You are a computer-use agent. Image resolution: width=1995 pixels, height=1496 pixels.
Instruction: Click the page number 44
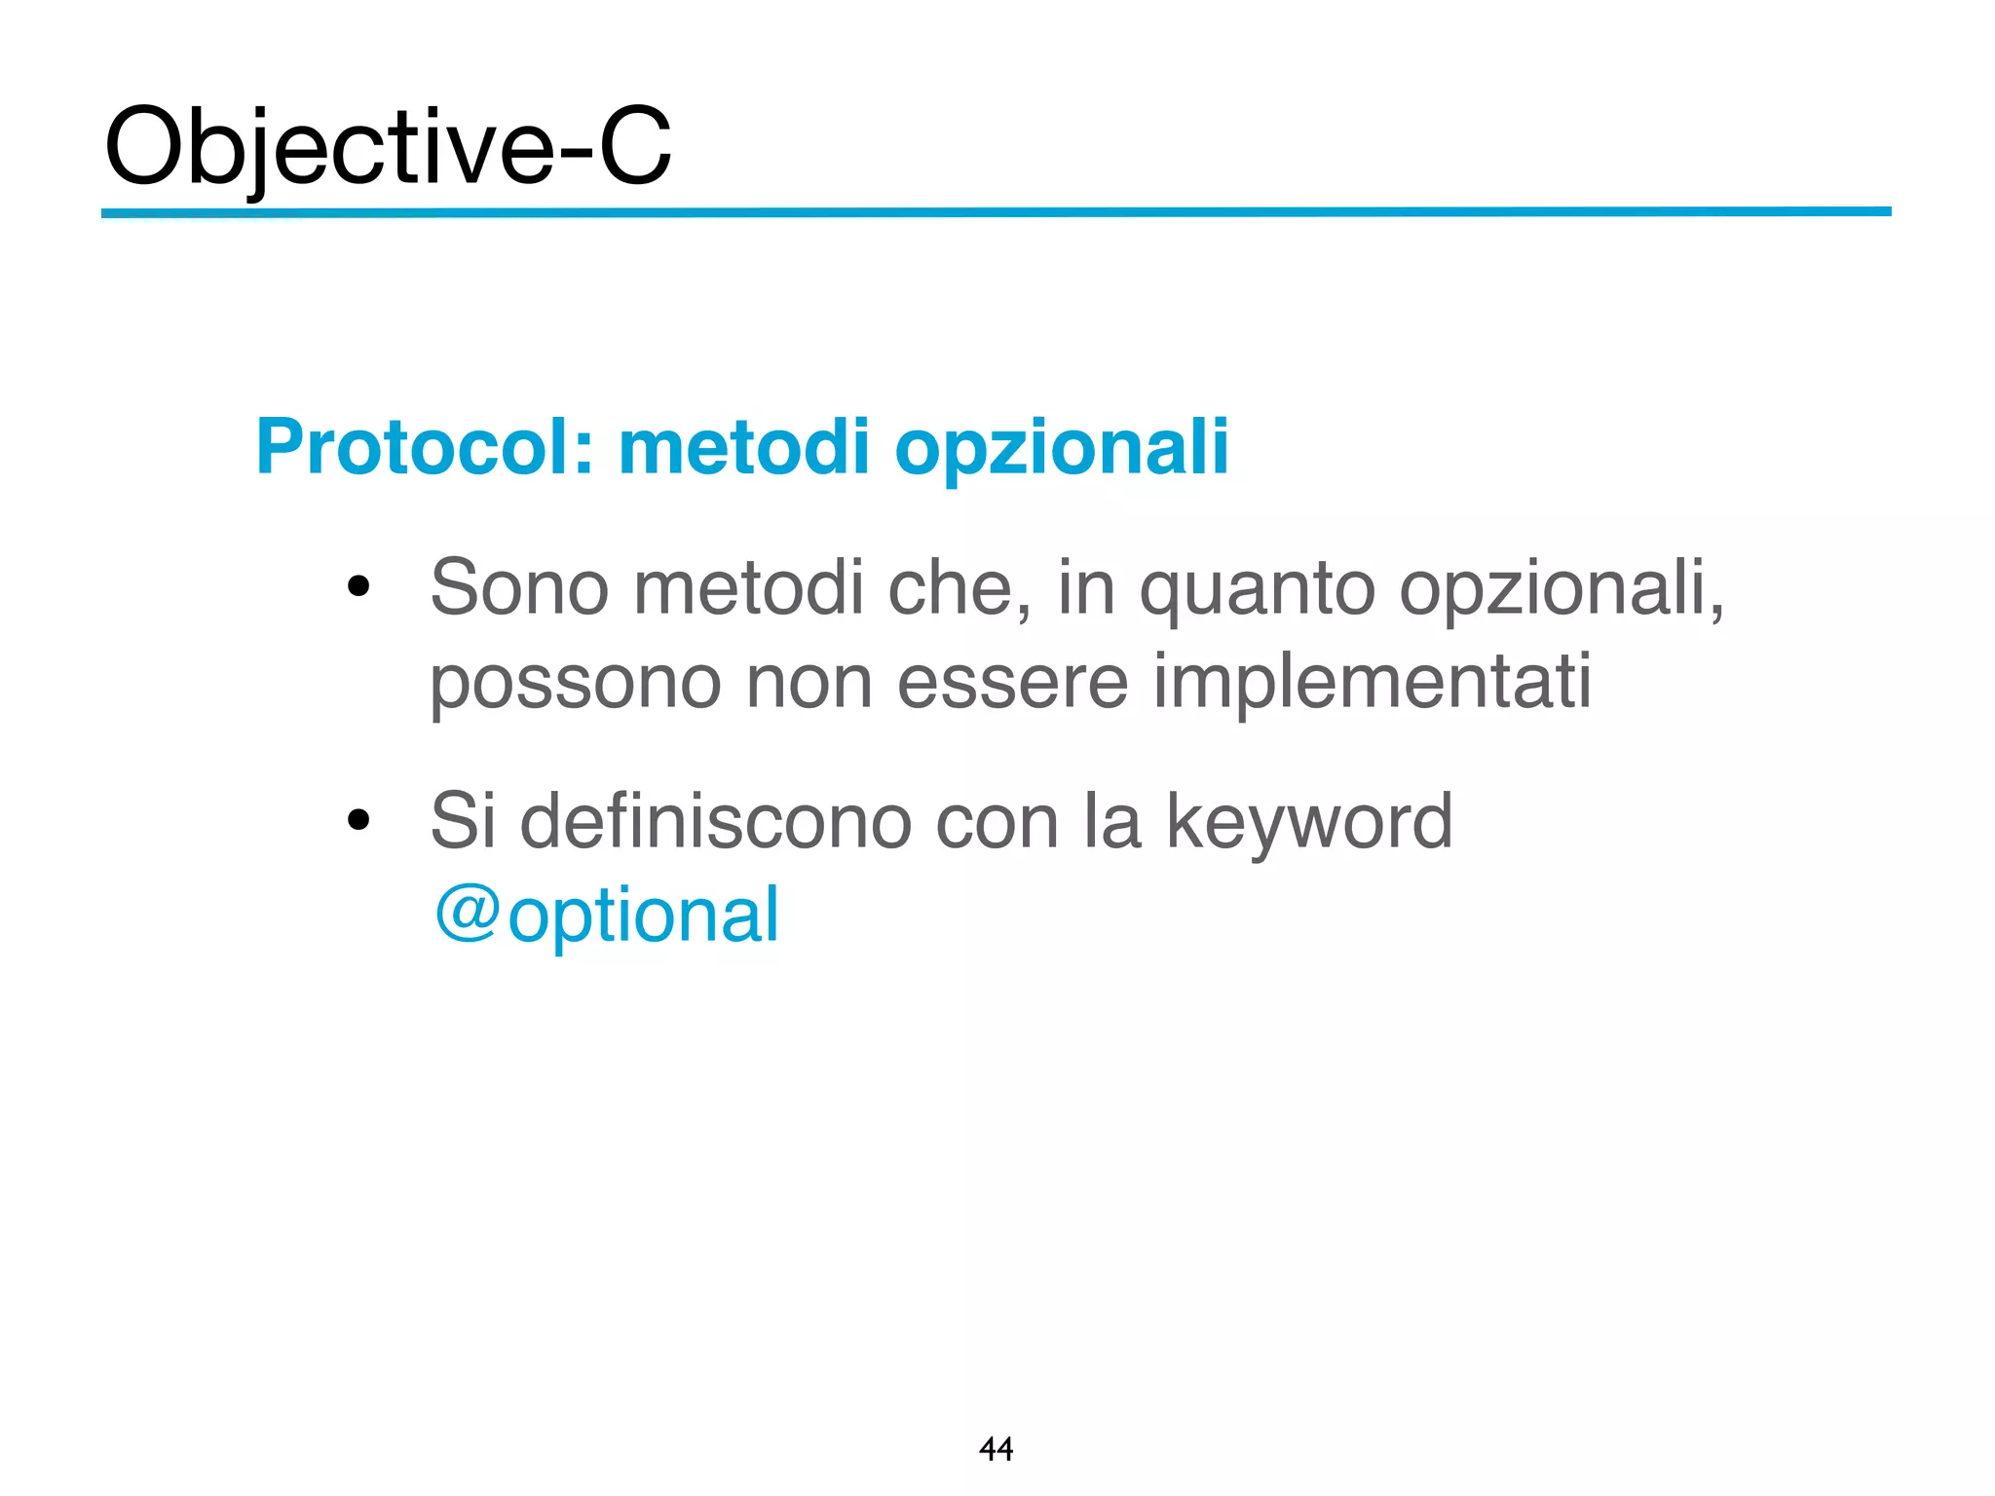coord(996,1449)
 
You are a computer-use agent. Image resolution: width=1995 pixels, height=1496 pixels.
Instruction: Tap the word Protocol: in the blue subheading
coord(425,448)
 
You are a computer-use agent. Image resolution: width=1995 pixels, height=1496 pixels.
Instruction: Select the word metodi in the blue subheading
coord(744,448)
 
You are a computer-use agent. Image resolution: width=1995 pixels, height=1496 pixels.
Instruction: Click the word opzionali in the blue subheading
coord(1062,448)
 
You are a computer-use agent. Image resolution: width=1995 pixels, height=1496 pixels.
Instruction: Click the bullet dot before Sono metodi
coord(359,586)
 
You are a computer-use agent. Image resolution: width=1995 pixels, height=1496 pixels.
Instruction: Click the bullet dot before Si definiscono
coord(359,820)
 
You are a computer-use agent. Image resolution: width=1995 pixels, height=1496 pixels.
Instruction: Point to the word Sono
coord(519,588)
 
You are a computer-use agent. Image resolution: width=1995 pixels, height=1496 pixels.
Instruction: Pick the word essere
coord(1013,682)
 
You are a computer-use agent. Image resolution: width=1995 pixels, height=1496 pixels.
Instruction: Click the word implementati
coord(1372,682)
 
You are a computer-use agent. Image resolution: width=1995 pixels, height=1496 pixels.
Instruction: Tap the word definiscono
coord(715,820)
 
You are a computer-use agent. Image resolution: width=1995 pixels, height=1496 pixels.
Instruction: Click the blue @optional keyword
coord(607,916)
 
